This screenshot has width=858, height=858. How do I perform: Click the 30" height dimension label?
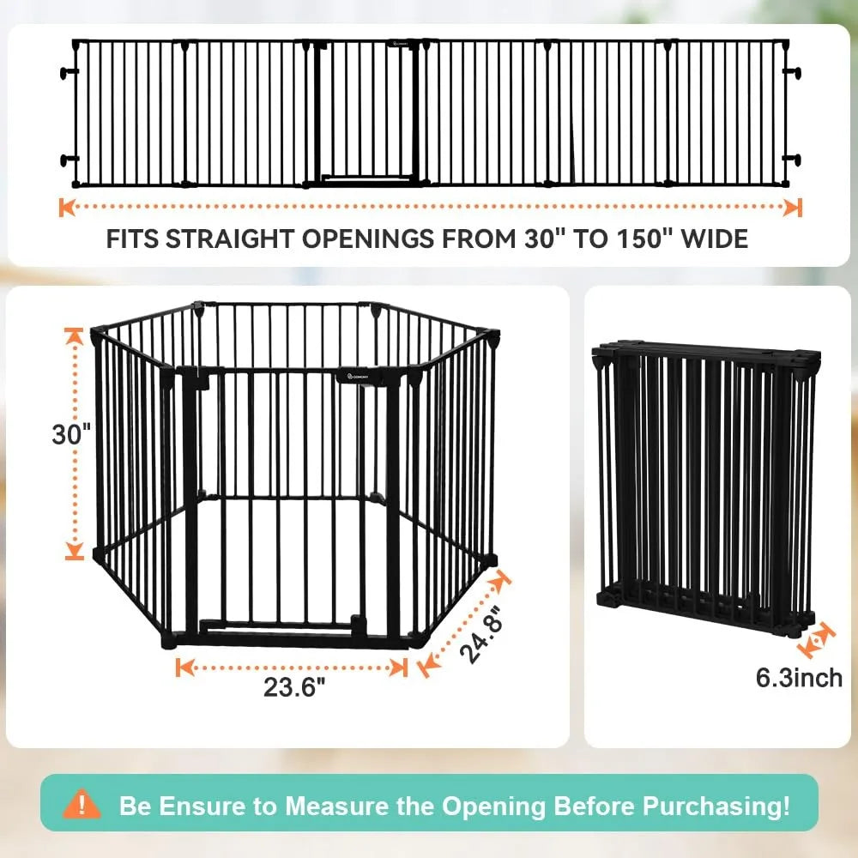71,434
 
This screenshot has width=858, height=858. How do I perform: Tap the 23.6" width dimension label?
294,687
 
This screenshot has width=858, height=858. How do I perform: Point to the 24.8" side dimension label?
480,636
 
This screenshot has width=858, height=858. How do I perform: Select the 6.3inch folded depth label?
799,678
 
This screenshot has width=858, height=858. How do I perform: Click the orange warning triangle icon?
82,805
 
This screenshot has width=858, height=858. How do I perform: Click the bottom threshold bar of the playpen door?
275,629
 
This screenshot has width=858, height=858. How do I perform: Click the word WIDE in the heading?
717,238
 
